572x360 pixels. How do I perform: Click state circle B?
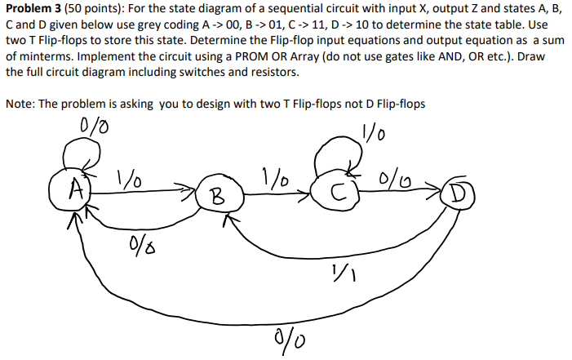coord(216,195)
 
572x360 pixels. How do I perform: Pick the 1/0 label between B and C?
coord(274,177)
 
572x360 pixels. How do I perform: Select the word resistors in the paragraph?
coord(275,72)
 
